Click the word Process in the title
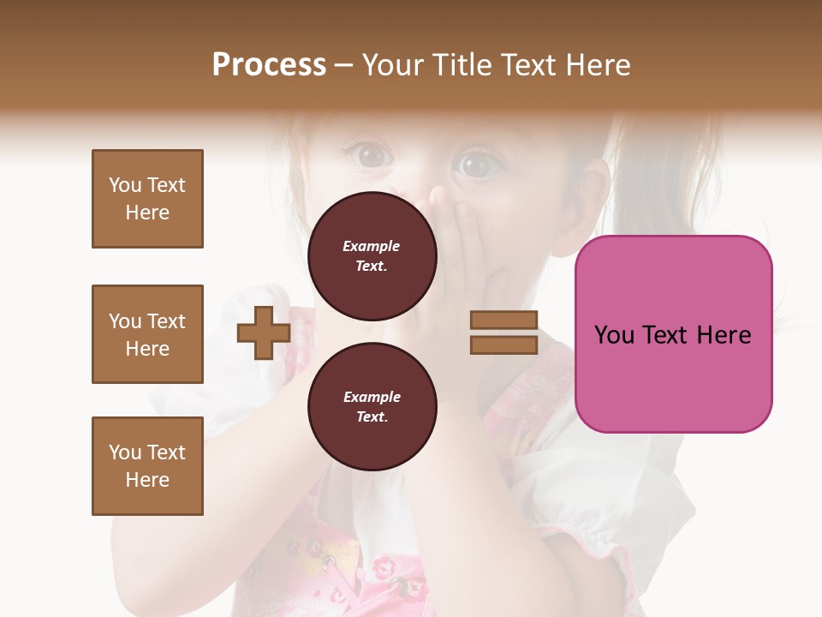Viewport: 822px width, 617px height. pyautogui.click(x=269, y=65)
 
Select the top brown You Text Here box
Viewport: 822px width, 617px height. pyautogui.click(x=147, y=199)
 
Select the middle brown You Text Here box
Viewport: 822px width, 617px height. pyautogui.click(x=147, y=334)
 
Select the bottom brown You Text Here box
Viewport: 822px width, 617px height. pyautogui.click(x=147, y=466)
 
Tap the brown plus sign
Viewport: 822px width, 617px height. pyautogui.click(x=264, y=333)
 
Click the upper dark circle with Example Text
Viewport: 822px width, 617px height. pyautogui.click(x=372, y=255)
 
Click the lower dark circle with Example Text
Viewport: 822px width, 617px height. pyautogui.click(x=372, y=406)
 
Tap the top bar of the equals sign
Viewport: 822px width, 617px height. pyautogui.click(x=504, y=320)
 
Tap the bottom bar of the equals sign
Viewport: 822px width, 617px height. pyautogui.click(x=504, y=344)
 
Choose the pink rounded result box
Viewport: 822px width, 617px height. pyautogui.click(x=673, y=334)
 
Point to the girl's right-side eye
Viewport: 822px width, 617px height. pyautogui.click(x=476, y=163)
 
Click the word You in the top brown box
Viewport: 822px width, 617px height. pyautogui.click(x=125, y=185)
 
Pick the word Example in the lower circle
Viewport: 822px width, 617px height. pyautogui.click(x=372, y=397)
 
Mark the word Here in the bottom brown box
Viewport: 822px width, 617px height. pyautogui.click(x=147, y=480)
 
